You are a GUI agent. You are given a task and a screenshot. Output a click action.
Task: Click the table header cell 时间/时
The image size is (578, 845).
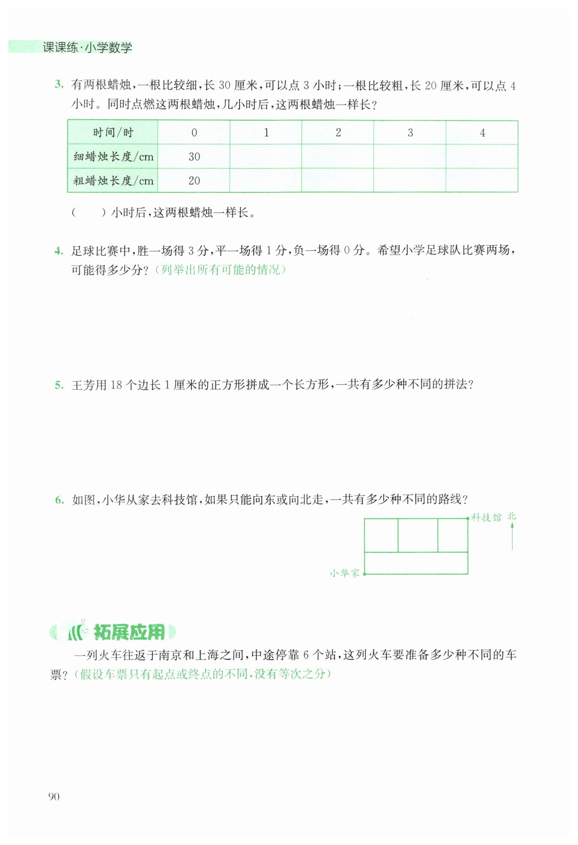click(113, 133)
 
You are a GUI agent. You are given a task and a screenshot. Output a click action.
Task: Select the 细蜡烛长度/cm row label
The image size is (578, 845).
click(113, 157)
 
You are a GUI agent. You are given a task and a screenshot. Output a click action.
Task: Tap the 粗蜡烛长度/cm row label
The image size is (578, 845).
click(113, 181)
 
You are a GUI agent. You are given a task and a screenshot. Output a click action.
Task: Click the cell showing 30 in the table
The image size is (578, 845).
click(194, 157)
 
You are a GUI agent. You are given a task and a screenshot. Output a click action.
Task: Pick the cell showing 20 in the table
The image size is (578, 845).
click(194, 181)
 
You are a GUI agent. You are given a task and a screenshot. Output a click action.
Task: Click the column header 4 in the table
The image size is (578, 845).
click(482, 133)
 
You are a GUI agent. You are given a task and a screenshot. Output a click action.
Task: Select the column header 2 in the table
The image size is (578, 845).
click(338, 133)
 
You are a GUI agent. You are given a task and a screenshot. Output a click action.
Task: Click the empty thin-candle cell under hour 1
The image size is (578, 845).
click(266, 157)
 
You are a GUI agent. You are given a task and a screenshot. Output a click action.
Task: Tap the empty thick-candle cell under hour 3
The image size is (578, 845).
click(410, 181)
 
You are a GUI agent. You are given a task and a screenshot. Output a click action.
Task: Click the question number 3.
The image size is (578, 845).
click(59, 84)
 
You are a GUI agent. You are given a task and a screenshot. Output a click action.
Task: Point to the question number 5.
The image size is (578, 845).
click(59, 385)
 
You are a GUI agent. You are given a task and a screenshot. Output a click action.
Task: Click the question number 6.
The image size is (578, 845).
click(59, 500)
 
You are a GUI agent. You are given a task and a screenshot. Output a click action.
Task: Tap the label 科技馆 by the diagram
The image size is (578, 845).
click(486, 518)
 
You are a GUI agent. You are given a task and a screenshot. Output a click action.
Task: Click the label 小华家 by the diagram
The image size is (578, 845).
click(344, 573)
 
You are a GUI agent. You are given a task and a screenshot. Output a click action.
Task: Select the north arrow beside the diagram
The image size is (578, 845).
click(512, 535)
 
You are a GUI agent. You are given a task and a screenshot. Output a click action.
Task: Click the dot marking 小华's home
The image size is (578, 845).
click(364, 574)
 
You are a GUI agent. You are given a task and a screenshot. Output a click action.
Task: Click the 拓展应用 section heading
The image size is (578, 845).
click(128, 632)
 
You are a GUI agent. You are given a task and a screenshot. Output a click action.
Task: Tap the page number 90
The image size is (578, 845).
click(54, 796)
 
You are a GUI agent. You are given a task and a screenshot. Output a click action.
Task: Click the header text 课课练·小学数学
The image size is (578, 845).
click(87, 47)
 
